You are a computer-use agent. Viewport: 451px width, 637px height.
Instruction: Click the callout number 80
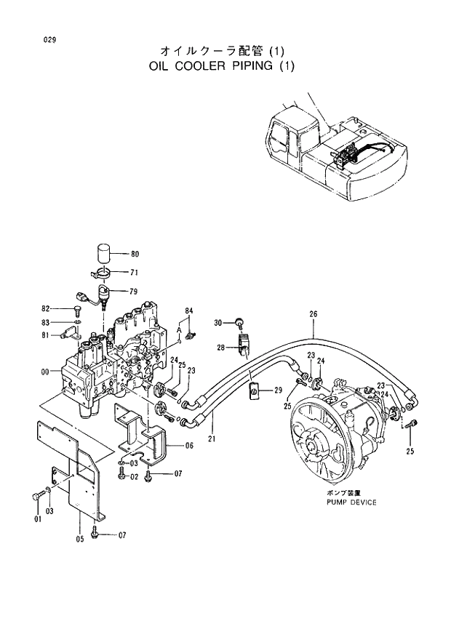(135, 255)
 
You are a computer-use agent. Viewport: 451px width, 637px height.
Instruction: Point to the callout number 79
(135, 292)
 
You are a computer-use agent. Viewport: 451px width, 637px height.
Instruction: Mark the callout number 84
(189, 311)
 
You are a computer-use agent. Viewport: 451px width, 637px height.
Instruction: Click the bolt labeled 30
(237, 322)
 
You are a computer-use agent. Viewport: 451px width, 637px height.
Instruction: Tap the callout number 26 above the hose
(314, 315)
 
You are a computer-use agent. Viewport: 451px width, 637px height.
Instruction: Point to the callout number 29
(277, 391)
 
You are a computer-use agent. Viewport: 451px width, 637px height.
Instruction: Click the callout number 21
(212, 438)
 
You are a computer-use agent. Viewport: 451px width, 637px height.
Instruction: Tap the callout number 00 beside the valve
(45, 372)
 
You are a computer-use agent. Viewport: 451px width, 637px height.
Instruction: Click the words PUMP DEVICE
(351, 502)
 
